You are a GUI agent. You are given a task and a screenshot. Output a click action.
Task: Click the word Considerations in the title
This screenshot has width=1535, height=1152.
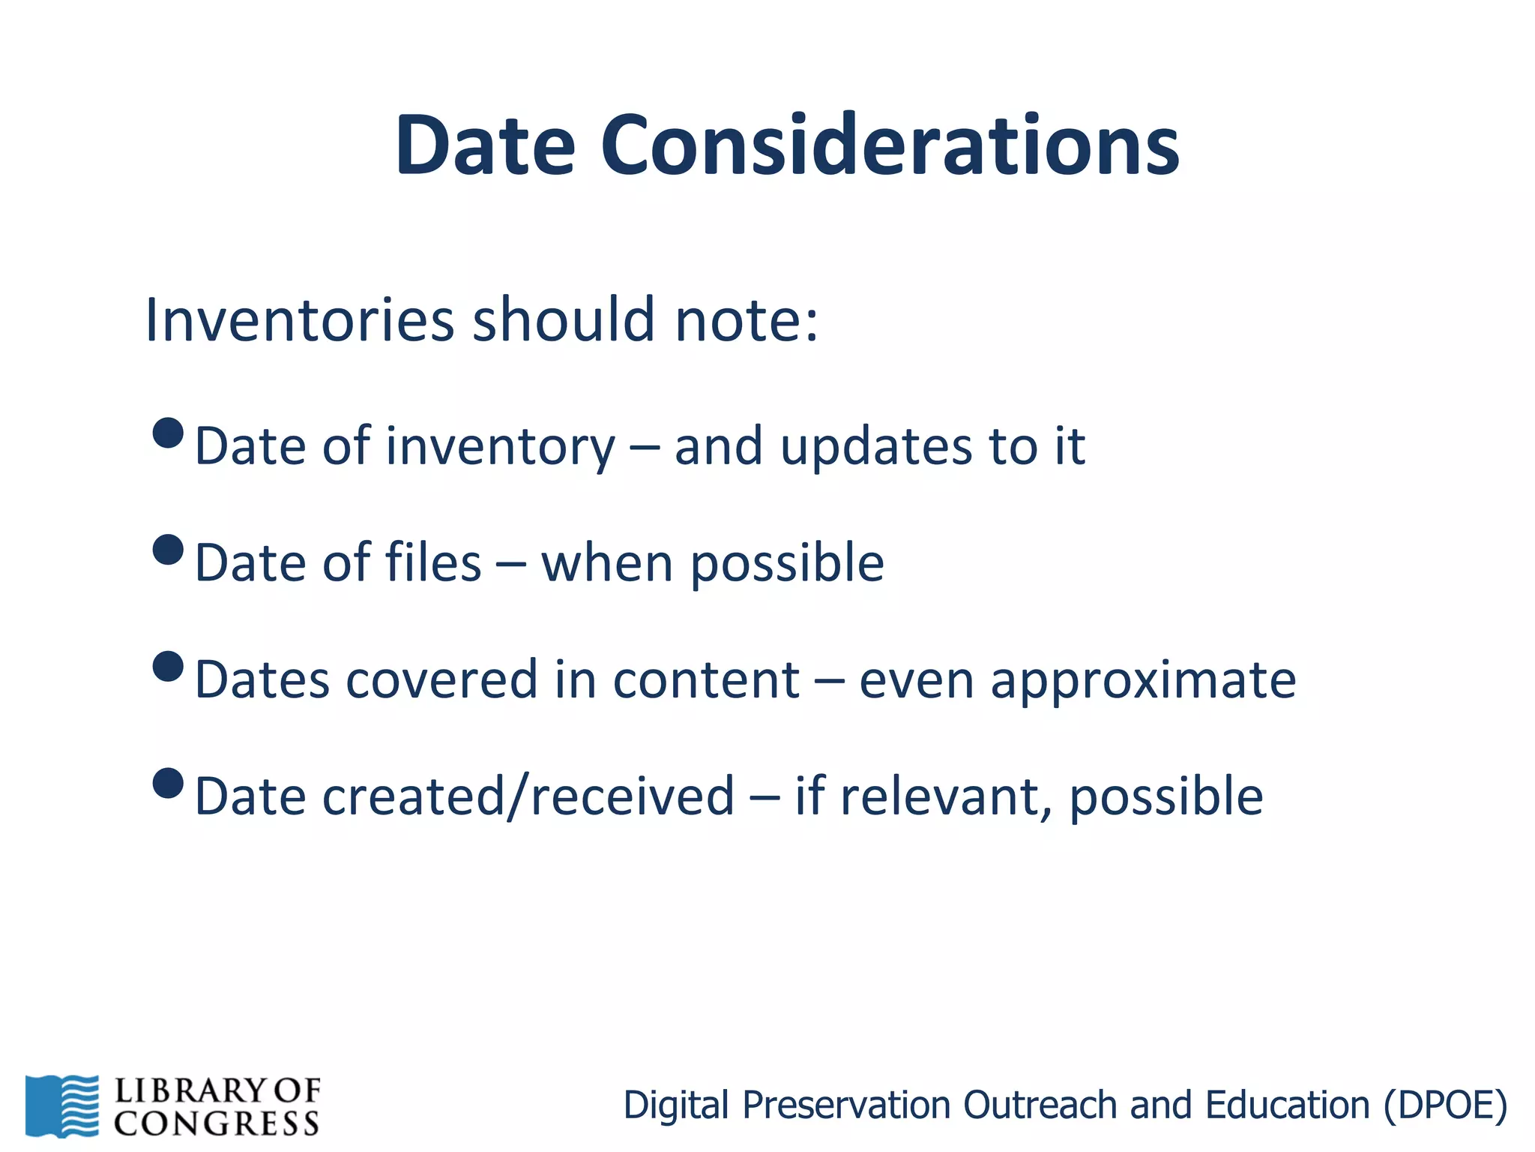[x=890, y=145]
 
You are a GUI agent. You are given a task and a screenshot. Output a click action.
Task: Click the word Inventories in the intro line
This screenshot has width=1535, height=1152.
[x=299, y=320]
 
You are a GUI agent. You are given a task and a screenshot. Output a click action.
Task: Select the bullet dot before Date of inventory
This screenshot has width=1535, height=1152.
[x=168, y=433]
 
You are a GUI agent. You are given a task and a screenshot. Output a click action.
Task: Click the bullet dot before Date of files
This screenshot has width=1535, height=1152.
[x=168, y=550]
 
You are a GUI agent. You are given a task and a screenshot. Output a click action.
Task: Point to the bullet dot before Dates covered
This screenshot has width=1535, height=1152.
[x=168, y=666]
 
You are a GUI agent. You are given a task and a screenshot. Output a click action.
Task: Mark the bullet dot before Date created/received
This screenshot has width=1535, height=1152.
[x=168, y=783]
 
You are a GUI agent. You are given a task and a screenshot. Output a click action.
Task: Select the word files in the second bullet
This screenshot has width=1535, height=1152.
[x=432, y=562]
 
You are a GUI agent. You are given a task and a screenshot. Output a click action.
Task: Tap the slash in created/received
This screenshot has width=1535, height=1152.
[x=519, y=796]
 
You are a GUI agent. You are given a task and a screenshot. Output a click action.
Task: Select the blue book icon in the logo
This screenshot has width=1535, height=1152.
[x=61, y=1105]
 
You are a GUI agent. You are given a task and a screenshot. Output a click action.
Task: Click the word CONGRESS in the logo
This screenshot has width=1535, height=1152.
[x=217, y=1123]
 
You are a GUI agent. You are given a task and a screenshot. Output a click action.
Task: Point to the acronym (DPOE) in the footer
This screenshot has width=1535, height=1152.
[x=1445, y=1105]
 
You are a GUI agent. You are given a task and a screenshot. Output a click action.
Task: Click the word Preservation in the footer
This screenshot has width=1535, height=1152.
[x=848, y=1105]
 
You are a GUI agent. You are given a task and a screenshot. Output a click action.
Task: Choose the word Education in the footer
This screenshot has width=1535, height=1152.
[x=1287, y=1105]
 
